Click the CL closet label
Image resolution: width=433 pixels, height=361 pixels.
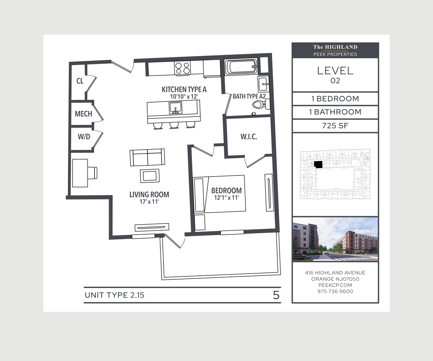tap(80, 81)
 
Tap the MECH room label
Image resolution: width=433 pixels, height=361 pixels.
tap(83, 114)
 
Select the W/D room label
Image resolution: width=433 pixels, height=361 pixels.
tap(84, 136)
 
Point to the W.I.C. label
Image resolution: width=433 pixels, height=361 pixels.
tap(249, 136)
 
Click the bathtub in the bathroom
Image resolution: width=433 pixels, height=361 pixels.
tap(241, 66)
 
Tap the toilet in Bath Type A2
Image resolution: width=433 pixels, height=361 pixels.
tap(261, 104)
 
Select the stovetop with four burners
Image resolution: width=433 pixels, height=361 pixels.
tap(182, 68)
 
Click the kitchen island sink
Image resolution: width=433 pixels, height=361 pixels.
tap(175, 108)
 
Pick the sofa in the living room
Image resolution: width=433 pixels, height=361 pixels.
tap(147, 157)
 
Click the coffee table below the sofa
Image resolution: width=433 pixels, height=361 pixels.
tap(150, 176)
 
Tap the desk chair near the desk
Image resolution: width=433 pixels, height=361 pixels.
tap(92, 173)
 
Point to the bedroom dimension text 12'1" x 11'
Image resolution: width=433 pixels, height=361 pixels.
tap(227, 197)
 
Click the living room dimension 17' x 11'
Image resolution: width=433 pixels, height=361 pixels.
tap(149, 202)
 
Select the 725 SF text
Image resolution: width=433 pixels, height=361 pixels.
tap(335, 126)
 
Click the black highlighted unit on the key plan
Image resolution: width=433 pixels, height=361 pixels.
tap(318, 164)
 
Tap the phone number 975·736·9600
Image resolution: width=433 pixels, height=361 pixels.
tap(335, 291)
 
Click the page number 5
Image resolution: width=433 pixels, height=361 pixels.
tap(276, 295)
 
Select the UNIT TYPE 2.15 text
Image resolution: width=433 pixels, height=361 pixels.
tap(114, 295)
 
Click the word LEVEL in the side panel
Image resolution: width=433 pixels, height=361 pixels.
tap(335, 71)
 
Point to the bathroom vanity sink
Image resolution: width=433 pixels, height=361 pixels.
tap(263, 84)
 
